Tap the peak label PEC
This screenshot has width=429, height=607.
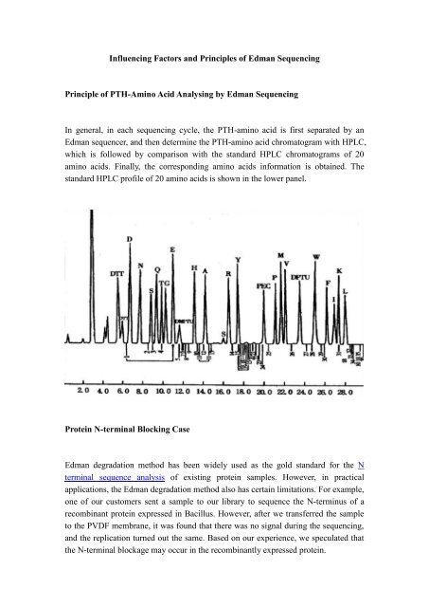tap(264, 284)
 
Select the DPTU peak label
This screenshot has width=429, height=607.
tap(300, 276)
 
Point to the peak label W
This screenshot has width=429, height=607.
tap(316, 257)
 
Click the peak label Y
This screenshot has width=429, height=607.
tap(238, 259)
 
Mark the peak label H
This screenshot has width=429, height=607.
tap(195, 268)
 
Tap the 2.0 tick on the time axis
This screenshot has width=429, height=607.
tap(82, 390)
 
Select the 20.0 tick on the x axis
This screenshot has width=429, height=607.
tap(265, 390)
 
